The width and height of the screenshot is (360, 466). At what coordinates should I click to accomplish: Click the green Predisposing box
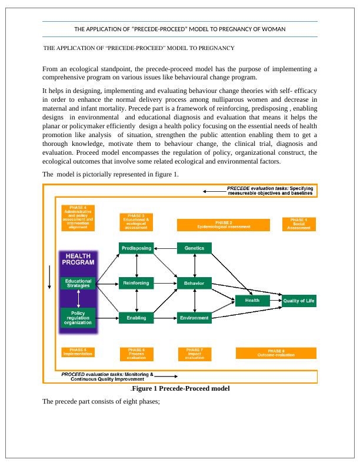[x=136, y=248]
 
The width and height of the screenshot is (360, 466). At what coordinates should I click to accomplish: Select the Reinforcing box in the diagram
[x=136, y=283]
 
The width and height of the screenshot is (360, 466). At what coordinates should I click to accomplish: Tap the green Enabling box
[x=136, y=318]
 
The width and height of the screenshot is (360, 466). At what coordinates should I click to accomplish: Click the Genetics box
[x=194, y=248]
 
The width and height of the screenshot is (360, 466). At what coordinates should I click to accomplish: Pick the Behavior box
[x=194, y=283]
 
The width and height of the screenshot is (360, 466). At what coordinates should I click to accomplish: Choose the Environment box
[x=194, y=318]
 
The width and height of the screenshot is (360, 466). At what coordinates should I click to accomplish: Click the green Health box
[x=252, y=301]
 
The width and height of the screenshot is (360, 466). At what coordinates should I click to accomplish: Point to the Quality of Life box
[x=299, y=301]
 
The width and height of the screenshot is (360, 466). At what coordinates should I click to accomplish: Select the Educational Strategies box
[x=78, y=284]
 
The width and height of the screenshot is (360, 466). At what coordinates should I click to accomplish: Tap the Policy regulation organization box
[x=78, y=318]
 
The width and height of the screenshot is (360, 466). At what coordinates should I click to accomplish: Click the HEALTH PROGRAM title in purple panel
[x=78, y=259]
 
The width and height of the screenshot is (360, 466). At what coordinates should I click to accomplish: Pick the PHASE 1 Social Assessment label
[x=299, y=224]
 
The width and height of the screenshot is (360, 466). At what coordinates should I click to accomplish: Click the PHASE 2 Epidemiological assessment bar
[x=224, y=225]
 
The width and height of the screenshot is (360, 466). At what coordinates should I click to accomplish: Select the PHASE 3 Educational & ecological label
[x=136, y=222]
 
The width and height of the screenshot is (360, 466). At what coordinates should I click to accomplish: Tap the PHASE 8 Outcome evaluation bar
[x=276, y=353]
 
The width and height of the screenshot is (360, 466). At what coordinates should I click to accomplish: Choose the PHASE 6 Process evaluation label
[x=136, y=353]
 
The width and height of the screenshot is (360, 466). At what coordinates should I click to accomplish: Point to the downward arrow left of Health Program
[x=49, y=276]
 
